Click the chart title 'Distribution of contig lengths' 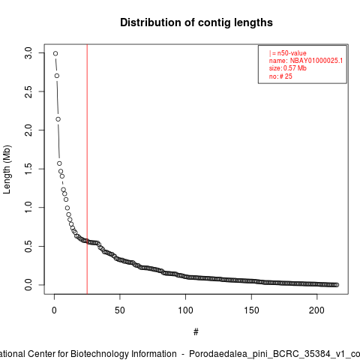tap(196, 22)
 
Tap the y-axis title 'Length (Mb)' tap(7, 169)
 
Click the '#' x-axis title tap(196, 332)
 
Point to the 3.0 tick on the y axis tap(28, 53)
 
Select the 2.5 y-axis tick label tap(28, 91)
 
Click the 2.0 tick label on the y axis tap(28, 130)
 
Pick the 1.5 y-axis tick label tap(28, 169)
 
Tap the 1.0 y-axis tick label tap(28, 208)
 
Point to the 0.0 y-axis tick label tap(28, 285)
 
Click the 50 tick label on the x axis tap(120, 310)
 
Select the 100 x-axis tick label tap(185, 310)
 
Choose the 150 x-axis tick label tap(251, 310)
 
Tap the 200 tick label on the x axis tap(316, 310)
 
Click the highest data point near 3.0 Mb tap(55, 53)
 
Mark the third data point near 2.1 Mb tap(58, 119)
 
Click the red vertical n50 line tap(87, 169)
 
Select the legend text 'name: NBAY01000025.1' tap(306, 61)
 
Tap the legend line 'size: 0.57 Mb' tap(288, 68)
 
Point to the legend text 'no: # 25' tap(280, 76)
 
